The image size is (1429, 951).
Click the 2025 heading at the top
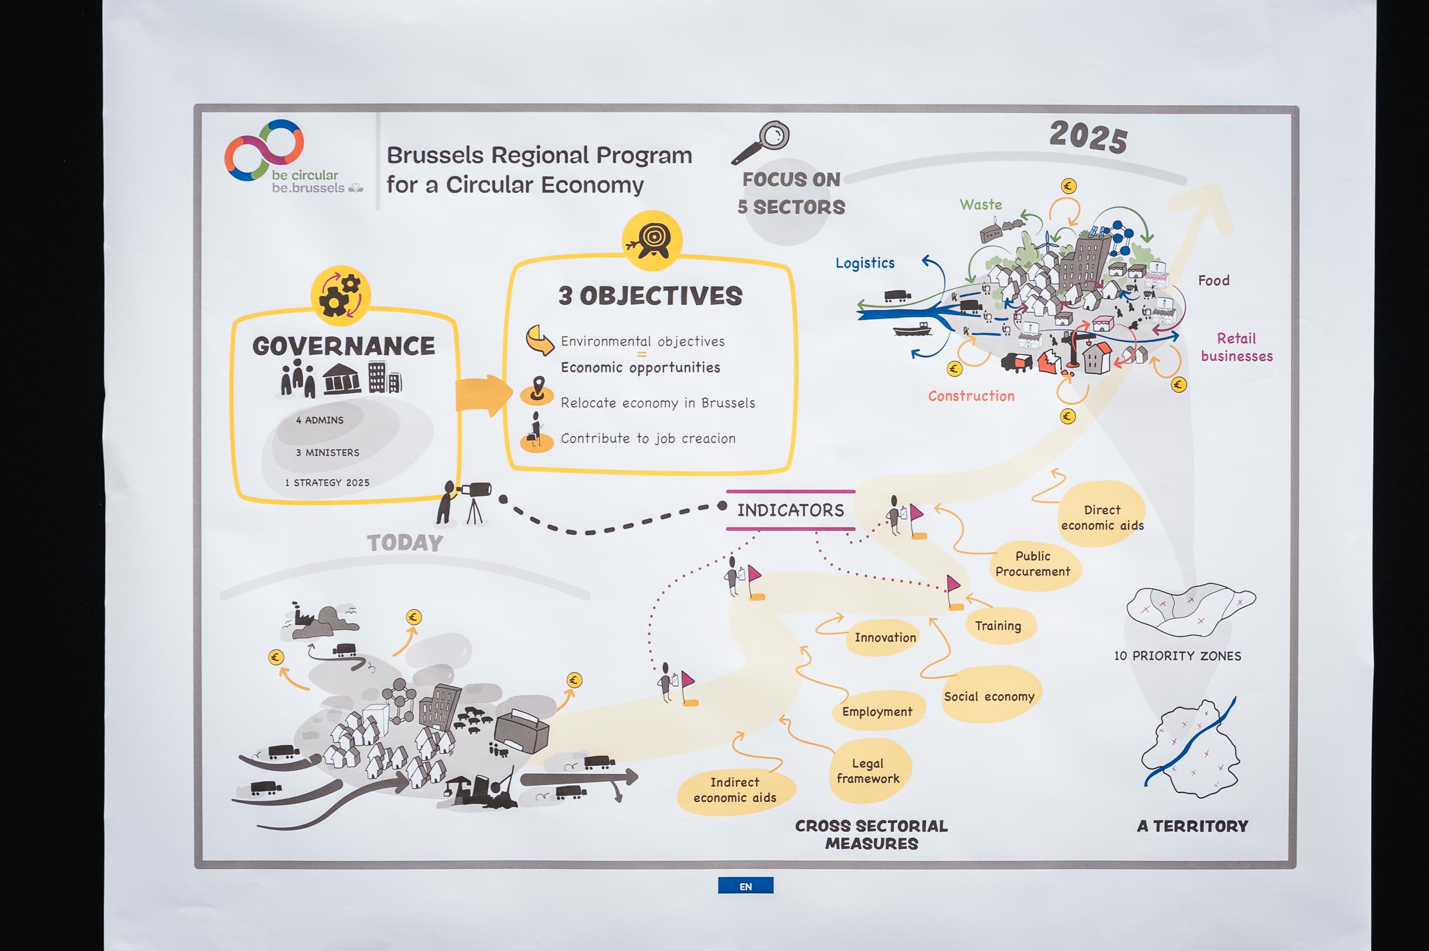point(1089,136)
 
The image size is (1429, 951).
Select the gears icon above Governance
point(340,295)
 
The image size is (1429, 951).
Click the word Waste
point(980,205)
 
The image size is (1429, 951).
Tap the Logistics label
point(865,263)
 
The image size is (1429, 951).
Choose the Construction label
point(971,396)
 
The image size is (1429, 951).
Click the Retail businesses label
point(1236,347)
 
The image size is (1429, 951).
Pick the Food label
point(1213,281)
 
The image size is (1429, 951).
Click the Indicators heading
point(791,510)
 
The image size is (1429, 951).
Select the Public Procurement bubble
point(1033,564)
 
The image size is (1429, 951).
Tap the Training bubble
point(998,626)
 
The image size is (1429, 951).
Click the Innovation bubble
point(885,638)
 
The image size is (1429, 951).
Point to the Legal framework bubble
point(868,771)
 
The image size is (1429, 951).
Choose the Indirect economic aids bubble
point(735,790)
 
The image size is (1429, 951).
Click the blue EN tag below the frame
point(746,886)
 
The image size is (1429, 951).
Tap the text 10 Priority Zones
point(1177,656)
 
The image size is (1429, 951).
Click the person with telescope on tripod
point(462,502)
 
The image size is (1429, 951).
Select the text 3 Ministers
point(327,453)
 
